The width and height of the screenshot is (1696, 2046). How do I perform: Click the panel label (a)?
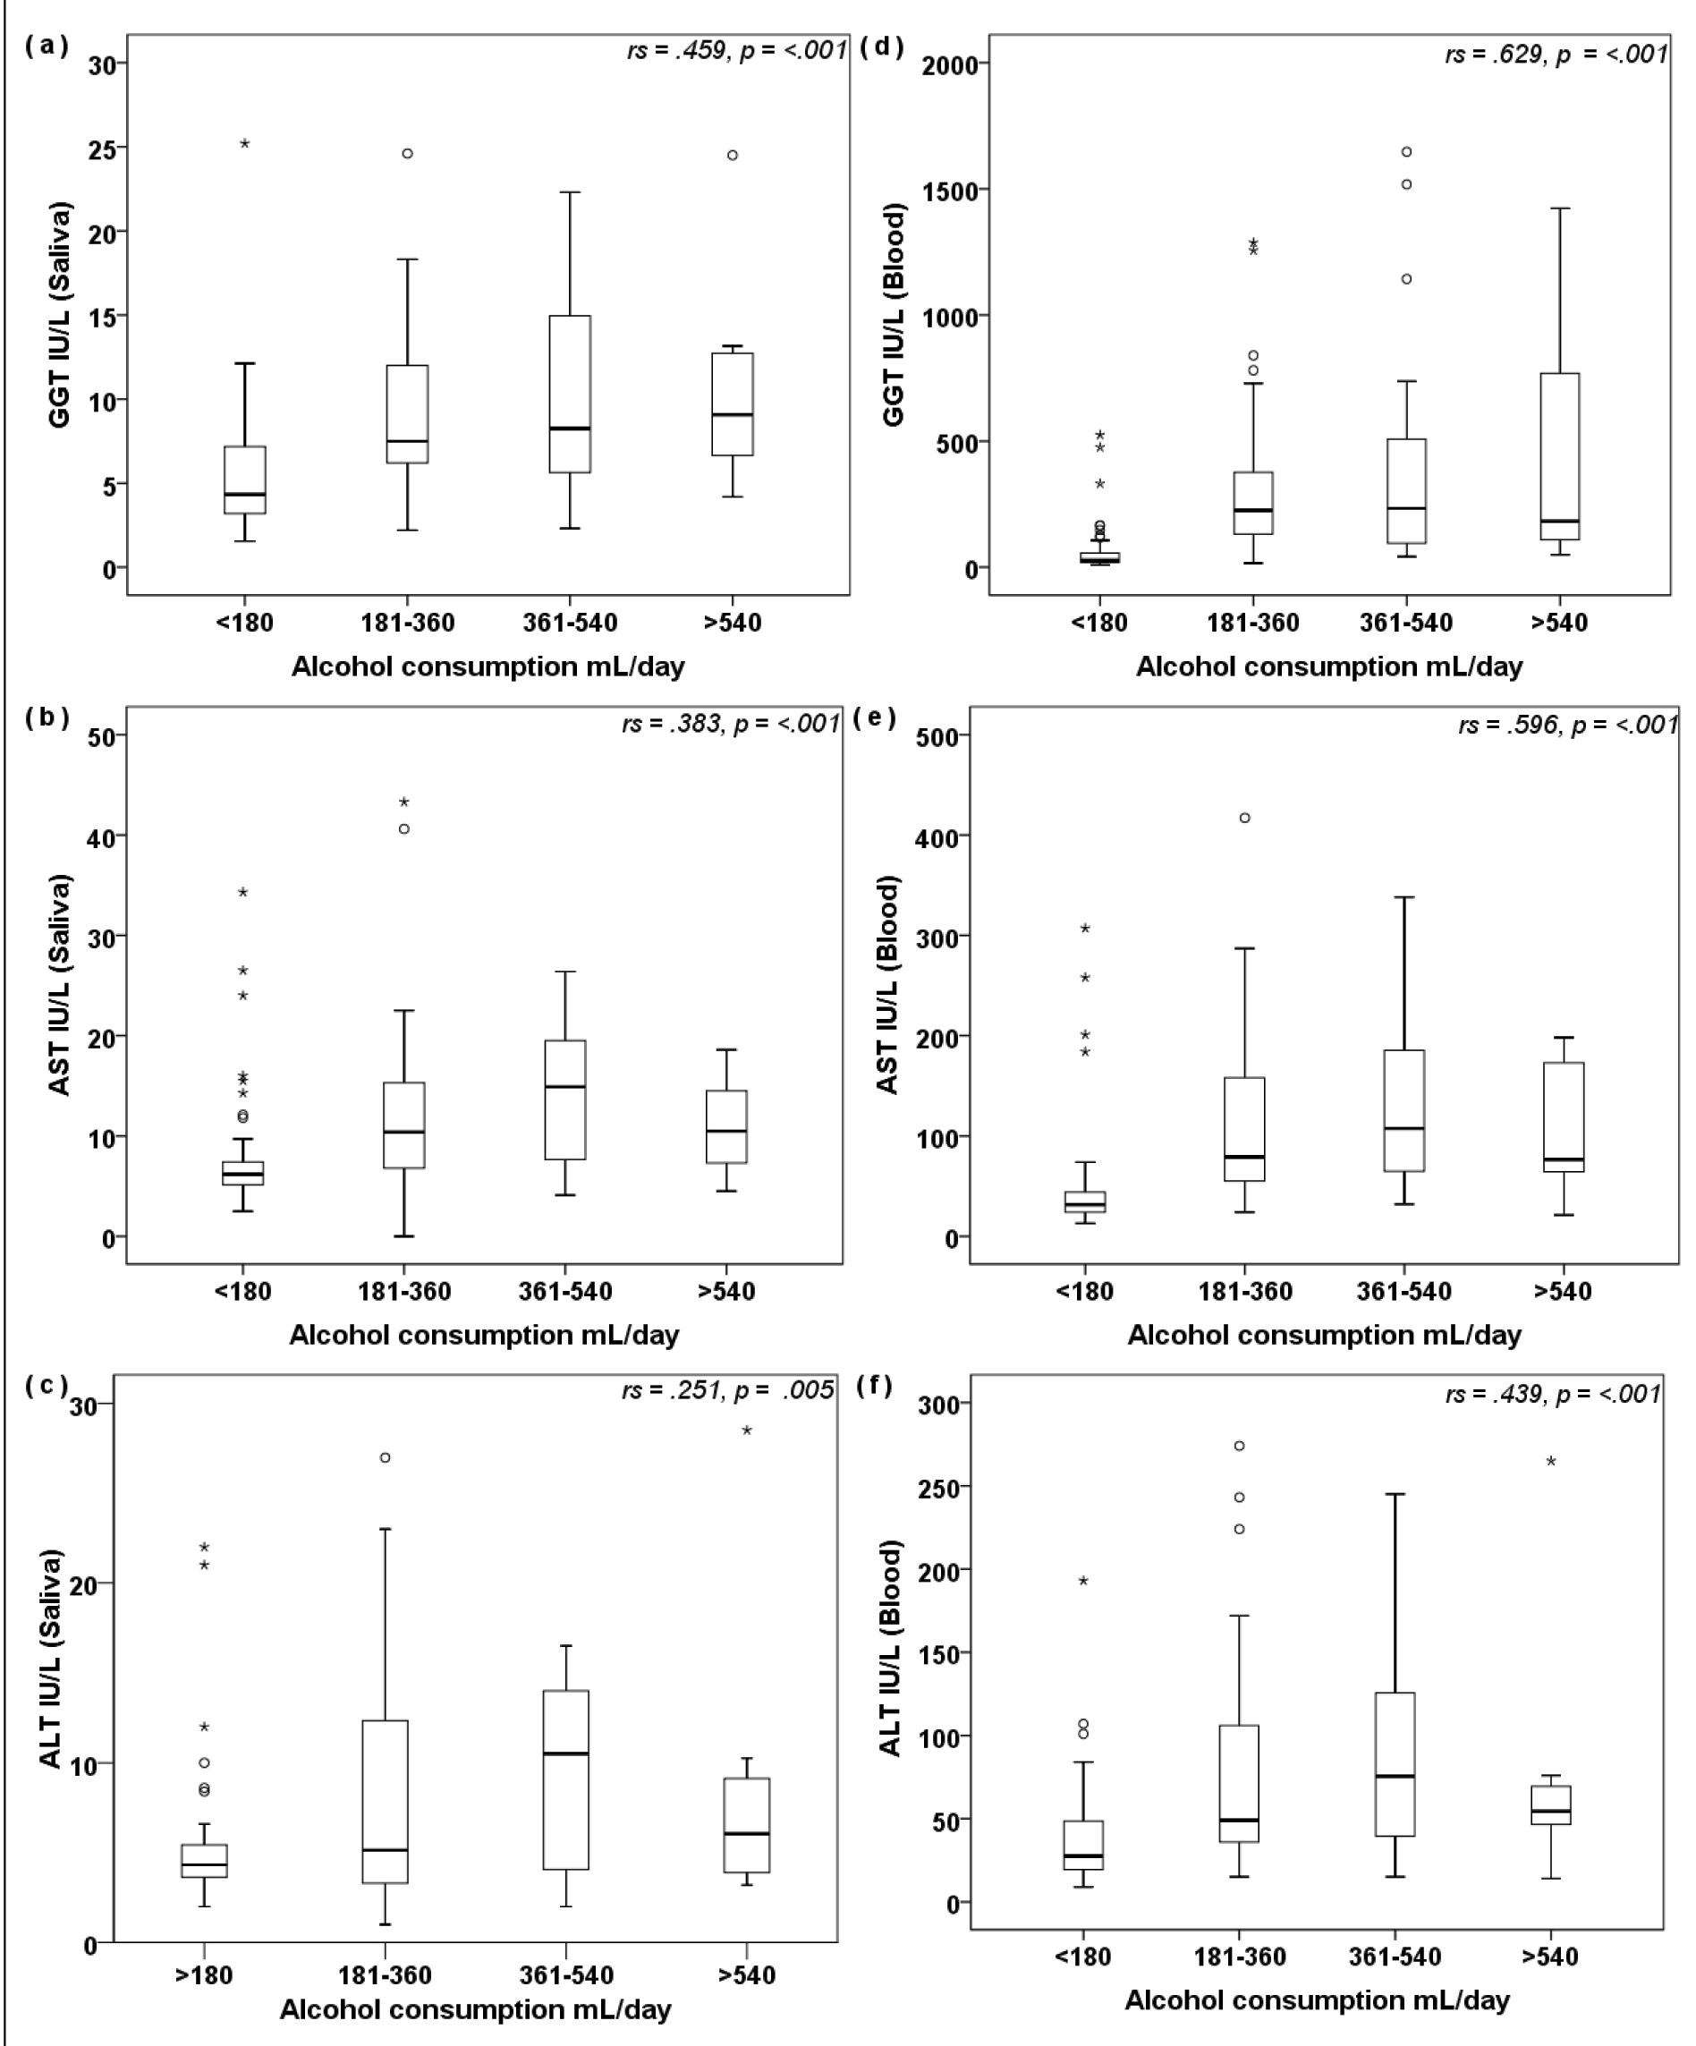pos(46,46)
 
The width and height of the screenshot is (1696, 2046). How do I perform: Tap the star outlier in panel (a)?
pos(244,144)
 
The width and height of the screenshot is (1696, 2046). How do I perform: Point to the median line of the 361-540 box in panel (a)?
pos(570,428)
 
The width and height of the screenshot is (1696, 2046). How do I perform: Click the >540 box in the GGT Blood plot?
pos(1560,456)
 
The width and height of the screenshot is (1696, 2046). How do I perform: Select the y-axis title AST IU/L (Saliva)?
pos(61,985)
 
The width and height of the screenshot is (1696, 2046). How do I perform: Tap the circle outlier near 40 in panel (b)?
pos(403,829)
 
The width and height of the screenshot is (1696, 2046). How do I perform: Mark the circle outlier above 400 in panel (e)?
pos(1245,819)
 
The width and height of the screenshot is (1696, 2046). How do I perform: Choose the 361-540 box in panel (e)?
pos(1403,1111)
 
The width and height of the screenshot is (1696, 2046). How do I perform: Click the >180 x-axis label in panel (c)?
pos(204,1974)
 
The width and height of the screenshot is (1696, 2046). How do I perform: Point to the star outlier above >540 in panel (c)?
pos(747,1431)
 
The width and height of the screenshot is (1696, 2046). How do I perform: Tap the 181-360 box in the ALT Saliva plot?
pos(385,1803)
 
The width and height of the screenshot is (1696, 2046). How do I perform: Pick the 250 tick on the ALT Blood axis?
pos(938,1488)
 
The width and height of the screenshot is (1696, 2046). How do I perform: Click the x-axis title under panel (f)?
pos(1317,2000)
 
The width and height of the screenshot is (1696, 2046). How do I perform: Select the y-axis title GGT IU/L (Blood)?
pos(894,314)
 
